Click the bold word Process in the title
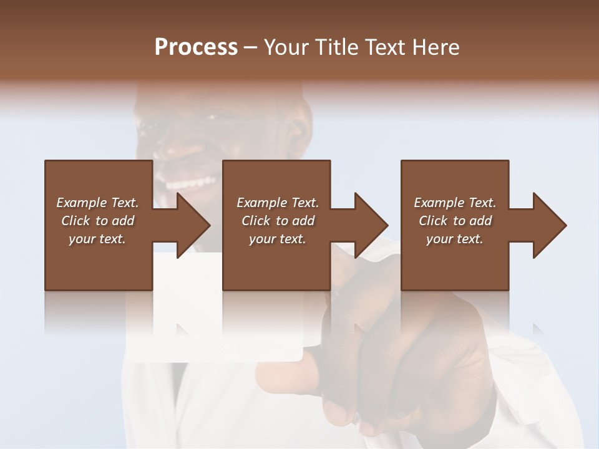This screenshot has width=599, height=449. pos(196,47)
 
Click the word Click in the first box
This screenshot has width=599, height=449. pos(75,221)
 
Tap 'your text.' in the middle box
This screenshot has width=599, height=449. pos(277,239)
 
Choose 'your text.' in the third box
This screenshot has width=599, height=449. pos(454,239)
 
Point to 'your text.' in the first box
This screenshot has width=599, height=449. pos(97,239)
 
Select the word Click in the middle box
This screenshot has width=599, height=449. pos(256,221)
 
